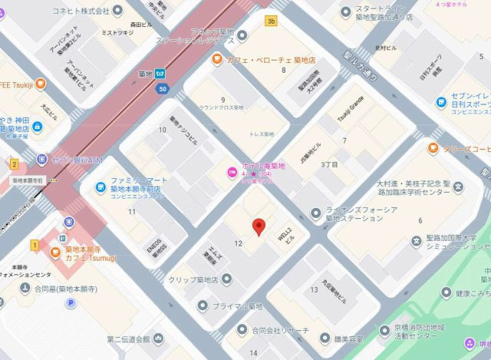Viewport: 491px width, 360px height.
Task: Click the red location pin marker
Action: [x=259, y=226]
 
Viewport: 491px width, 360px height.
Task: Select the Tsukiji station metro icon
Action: [x=160, y=74]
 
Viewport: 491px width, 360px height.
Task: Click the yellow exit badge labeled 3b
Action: [x=271, y=21]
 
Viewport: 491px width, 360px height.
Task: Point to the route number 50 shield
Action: [x=163, y=90]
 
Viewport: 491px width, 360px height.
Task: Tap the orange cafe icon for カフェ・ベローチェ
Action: [x=218, y=59]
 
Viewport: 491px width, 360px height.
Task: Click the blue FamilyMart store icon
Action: [x=99, y=185]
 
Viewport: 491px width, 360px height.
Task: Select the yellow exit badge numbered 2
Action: [x=14, y=163]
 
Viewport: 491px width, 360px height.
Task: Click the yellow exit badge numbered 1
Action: [x=34, y=246]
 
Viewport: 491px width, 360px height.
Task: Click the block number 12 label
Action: [x=239, y=243]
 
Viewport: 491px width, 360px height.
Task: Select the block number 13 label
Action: [x=314, y=289]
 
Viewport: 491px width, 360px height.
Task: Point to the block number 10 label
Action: [x=162, y=130]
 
